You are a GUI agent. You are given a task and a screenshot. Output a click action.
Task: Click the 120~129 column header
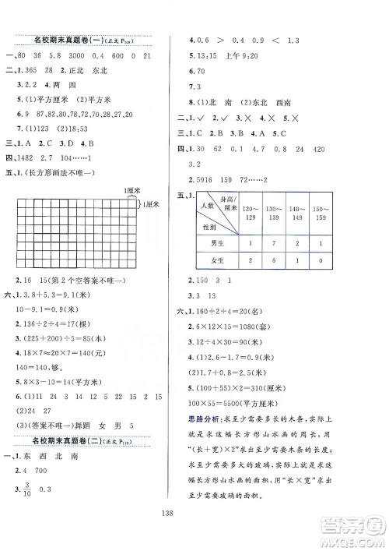tap(251, 215)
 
